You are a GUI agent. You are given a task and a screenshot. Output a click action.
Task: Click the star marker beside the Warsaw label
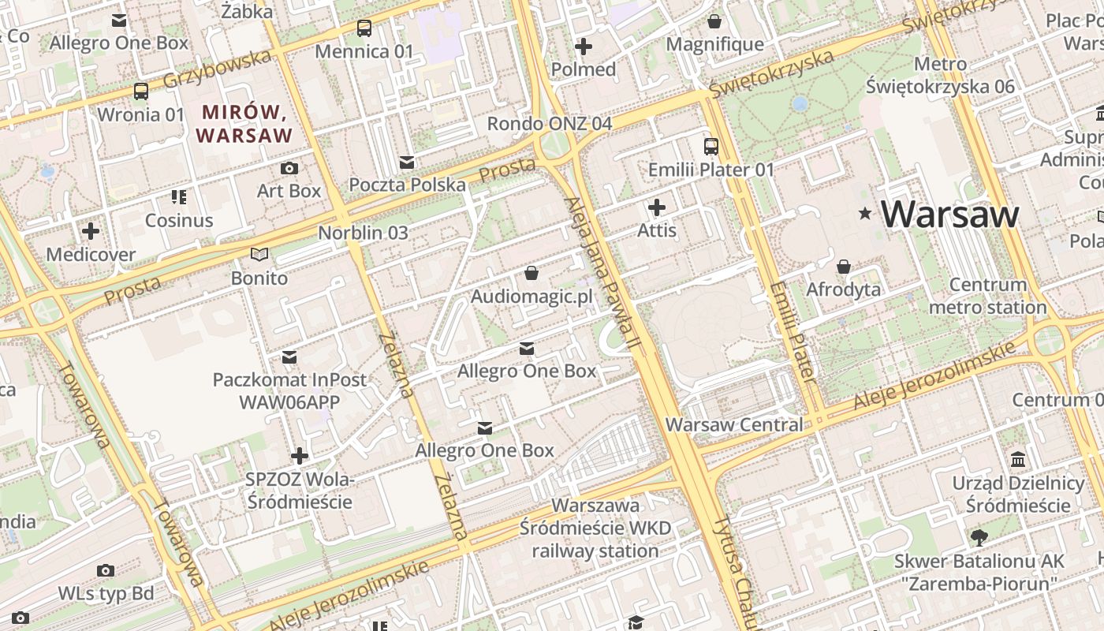(x=865, y=213)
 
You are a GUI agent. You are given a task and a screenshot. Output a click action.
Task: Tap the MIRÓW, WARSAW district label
(x=244, y=123)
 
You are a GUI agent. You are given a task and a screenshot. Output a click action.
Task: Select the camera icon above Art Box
(x=289, y=168)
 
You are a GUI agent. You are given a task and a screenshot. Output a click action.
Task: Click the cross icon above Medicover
(x=91, y=231)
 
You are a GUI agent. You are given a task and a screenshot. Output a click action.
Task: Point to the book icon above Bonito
(x=259, y=254)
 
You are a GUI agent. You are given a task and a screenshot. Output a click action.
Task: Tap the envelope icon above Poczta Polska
(x=407, y=162)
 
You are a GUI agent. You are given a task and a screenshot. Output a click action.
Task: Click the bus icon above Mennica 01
(x=364, y=28)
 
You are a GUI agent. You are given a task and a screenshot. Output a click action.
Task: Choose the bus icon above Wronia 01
(x=141, y=91)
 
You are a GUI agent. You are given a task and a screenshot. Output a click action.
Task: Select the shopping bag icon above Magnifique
(x=714, y=21)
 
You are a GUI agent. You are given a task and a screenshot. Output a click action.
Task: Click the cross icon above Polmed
(x=584, y=47)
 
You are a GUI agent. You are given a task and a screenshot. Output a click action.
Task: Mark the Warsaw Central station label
(x=733, y=424)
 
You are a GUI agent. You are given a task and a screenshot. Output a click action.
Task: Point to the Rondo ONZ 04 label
(x=549, y=124)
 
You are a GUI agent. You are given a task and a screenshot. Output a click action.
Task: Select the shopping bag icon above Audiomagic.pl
(x=531, y=273)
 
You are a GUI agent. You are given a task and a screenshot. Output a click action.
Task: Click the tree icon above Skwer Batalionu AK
(x=979, y=538)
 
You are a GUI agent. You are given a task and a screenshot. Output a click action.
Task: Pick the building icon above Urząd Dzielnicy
(x=1018, y=459)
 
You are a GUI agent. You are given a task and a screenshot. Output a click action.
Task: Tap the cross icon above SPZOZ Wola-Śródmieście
(x=299, y=456)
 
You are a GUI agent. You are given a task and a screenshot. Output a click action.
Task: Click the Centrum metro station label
(x=987, y=296)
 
